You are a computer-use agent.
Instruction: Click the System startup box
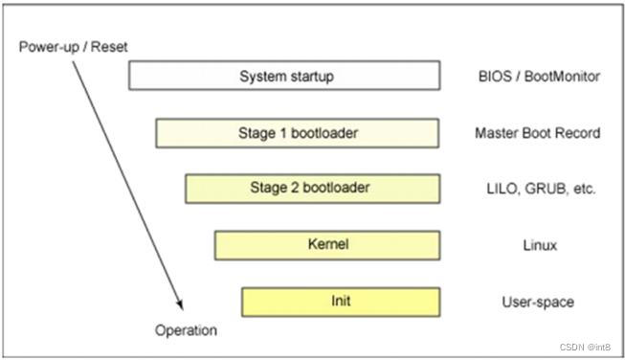point(284,77)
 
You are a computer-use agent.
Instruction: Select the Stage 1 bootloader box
point(297,133)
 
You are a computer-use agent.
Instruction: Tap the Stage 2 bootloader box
point(311,189)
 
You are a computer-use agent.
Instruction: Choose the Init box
point(340,302)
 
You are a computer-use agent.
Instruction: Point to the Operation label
point(186,330)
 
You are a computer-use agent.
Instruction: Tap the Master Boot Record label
point(537,133)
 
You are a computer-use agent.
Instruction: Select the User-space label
point(537,302)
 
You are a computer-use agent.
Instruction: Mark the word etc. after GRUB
point(582,189)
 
